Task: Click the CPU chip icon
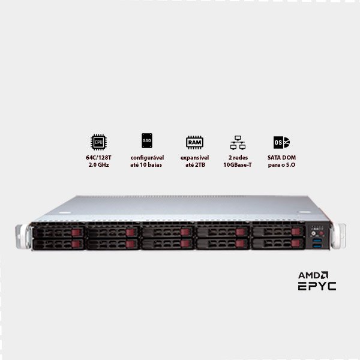tap(97, 142)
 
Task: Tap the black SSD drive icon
tap(146, 141)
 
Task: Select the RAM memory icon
tap(194, 142)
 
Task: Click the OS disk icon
tap(281, 142)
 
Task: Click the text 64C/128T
tap(97, 157)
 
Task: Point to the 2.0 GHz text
tap(97, 164)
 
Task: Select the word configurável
tap(146, 157)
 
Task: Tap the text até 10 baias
tap(146, 164)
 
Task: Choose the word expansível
tap(194, 157)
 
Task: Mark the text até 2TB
tap(194, 164)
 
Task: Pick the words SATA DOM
tap(282, 157)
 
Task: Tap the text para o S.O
tap(282, 164)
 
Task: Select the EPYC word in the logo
tap(317, 286)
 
